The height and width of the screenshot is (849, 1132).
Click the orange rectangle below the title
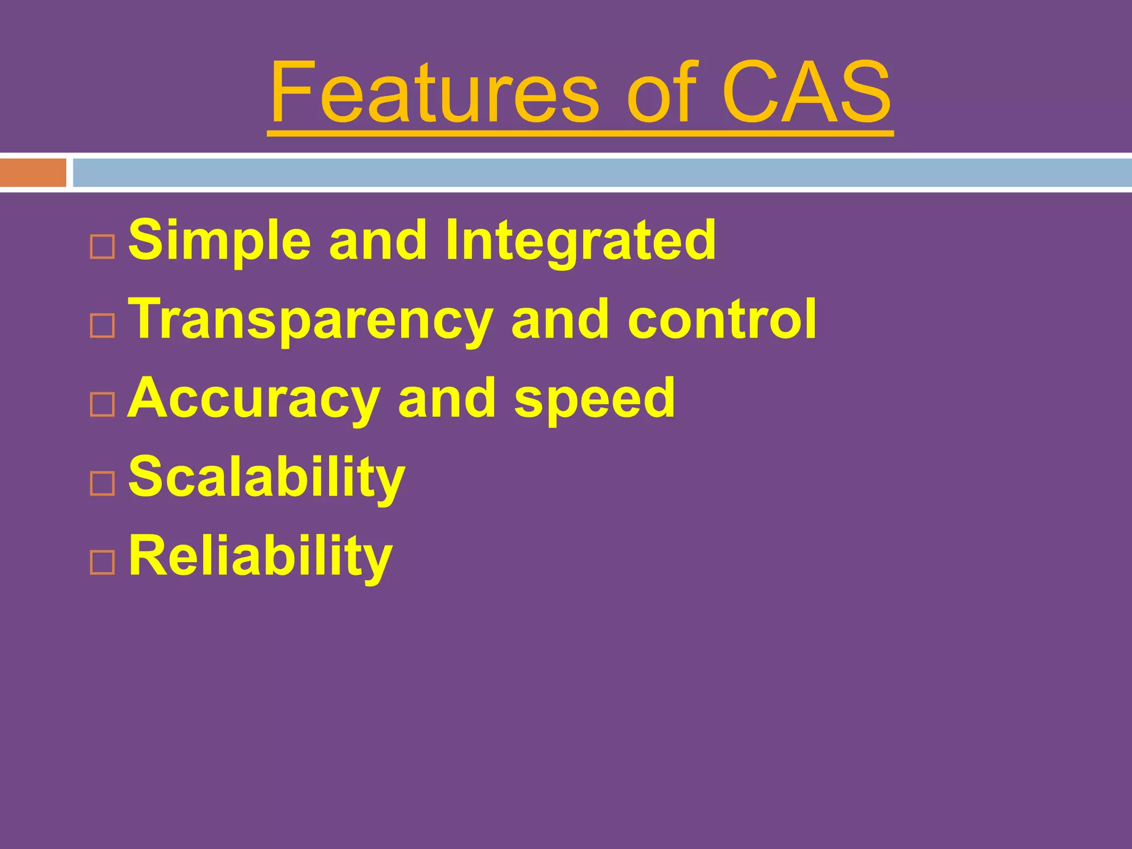click(33, 173)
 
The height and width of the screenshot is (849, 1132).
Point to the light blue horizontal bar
click(602, 173)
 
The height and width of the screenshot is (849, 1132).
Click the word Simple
click(219, 241)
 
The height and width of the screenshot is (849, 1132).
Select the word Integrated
click(580, 240)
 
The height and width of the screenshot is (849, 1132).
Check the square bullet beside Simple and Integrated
click(102, 247)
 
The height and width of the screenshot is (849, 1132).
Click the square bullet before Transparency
click(102, 326)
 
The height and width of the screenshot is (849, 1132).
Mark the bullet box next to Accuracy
click(102, 405)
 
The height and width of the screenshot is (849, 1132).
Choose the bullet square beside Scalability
click(102, 484)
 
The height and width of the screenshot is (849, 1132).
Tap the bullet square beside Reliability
click(102, 563)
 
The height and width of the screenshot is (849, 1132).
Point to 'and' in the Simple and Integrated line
click(378, 241)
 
